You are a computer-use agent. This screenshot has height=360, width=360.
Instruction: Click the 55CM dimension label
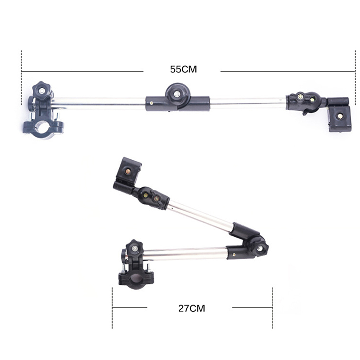184,69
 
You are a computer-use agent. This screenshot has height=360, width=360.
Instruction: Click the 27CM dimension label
192,308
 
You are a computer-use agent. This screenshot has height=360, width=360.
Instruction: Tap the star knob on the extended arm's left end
42,91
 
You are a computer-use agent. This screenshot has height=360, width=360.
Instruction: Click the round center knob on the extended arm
177,94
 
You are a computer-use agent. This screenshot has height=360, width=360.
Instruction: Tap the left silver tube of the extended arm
98,103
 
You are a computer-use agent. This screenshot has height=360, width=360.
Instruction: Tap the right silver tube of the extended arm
248,103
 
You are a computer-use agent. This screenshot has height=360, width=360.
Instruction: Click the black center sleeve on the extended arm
177,104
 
